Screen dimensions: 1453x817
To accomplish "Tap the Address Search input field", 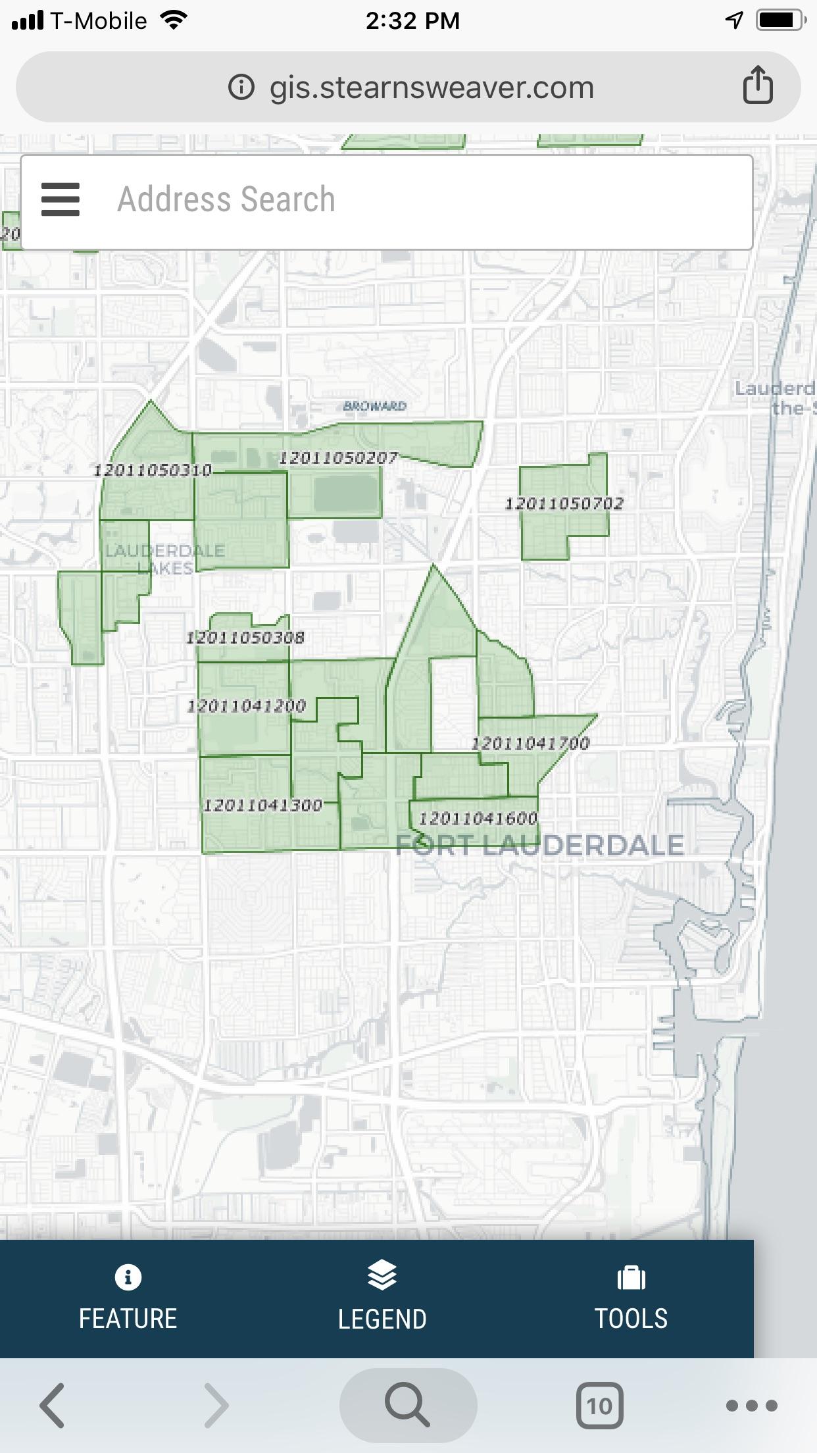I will pos(421,199).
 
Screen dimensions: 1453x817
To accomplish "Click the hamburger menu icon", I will pos(61,199).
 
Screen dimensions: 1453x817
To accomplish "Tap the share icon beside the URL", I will pos(758,86).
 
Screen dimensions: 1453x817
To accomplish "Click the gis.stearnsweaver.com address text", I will pos(431,88).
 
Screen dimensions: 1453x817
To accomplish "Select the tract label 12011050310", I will pos(153,470).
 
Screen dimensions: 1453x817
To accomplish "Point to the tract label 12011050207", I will pos(338,458).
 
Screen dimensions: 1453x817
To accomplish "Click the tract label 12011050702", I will pos(564,504).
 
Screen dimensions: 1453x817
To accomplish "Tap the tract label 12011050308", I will pos(245,637).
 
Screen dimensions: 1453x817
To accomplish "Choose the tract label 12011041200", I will pos(247,706).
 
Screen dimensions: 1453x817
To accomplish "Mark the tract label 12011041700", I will pos(530,744).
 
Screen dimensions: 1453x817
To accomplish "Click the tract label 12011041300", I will pos(262,805).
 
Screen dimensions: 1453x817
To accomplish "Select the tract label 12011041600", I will pos(478,819).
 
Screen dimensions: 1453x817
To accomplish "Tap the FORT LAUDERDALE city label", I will pos(539,845).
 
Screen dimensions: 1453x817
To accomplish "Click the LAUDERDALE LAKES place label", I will pos(164,559).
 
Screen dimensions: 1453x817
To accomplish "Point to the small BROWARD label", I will pos(374,406).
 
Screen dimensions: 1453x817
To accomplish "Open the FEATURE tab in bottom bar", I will pos(128,1299).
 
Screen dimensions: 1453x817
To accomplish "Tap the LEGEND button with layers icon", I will pos(382,1299).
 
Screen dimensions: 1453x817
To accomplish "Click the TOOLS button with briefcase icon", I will pos(631,1299).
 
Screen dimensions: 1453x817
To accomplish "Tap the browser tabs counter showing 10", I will pos(599,1406).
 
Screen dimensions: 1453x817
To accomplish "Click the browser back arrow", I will pos(53,1406).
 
